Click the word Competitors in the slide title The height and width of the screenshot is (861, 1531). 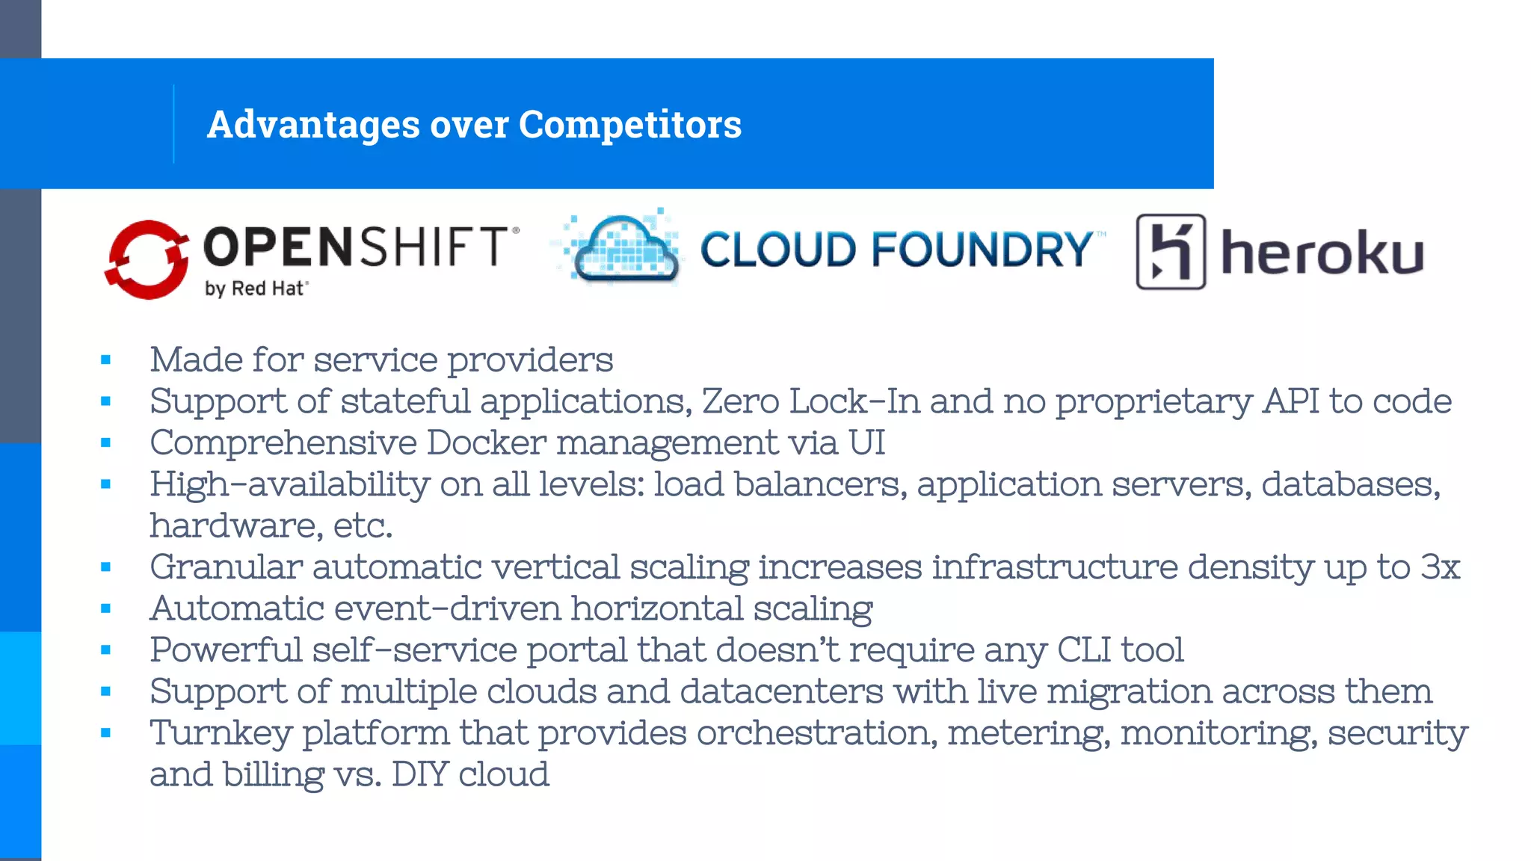pos(629,124)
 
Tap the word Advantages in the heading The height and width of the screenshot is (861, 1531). pos(313,124)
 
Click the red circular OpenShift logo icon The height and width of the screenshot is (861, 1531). pos(147,259)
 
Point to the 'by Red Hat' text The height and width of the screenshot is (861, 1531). pos(256,288)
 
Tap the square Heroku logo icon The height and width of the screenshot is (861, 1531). pos(1171,252)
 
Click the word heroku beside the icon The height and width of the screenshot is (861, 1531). pos(1322,254)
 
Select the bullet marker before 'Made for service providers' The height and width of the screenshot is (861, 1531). pos(105,360)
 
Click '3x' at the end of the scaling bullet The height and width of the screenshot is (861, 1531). pos(1440,567)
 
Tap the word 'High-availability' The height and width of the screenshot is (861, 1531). pos(289,484)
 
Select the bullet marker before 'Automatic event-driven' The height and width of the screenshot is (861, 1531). pos(105,608)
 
